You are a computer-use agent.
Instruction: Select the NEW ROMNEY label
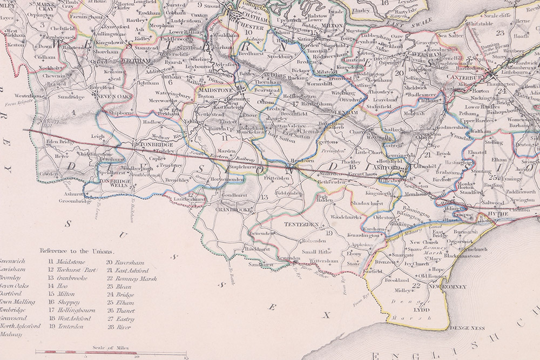pyautogui.click(x=447, y=286)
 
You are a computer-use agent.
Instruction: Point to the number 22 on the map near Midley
pyautogui.click(x=416, y=285)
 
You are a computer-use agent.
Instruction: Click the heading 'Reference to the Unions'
pyautogui.click(x=77, y=251)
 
